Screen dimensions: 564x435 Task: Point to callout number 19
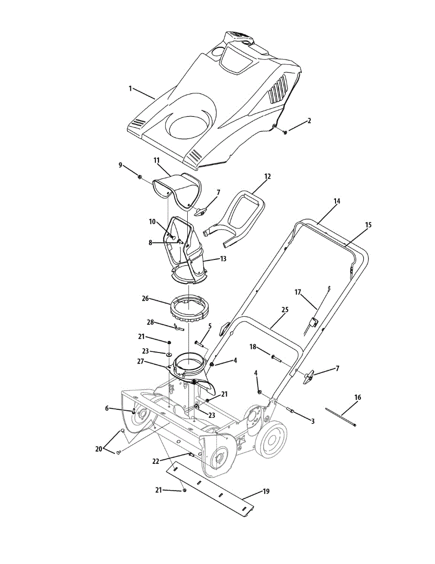tap(266, 492)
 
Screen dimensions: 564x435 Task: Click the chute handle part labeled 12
tap(239, 216)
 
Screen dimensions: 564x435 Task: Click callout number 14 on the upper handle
tap(336, 201)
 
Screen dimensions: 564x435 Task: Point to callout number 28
tap(150, 323)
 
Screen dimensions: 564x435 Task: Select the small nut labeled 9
tap(140, 177)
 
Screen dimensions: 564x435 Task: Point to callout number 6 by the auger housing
tap(107, 408)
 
